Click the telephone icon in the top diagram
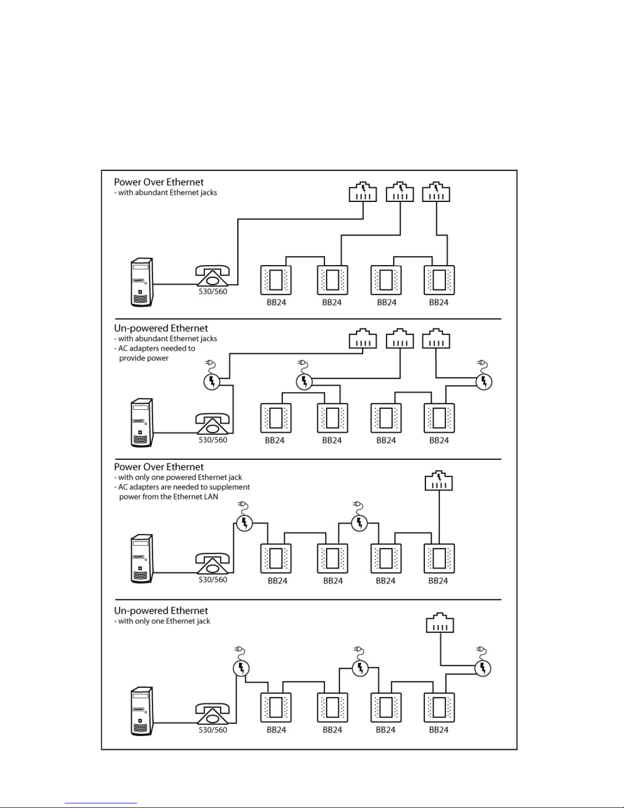[x=212, y=276]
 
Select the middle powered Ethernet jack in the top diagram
[x=400, y=192]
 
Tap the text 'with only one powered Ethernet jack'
[x=180, y=477]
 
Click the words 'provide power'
[x=144, y=358]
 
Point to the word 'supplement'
[x=230, y=487]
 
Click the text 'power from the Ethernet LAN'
[x=169, y=497]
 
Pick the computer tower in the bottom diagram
[x=142, y=711]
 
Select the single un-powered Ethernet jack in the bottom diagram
[x=440, y=623]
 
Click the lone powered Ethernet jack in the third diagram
[x=439, y=480]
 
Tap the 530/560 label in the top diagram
[x=212, y=292]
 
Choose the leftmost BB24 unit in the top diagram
[x=276, y=280]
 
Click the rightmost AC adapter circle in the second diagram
[x=484, y=381]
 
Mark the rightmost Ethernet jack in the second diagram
[x=436, y=338]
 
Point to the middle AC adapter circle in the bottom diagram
[x=360, y=668]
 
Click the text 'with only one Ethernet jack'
[x=164, y=621]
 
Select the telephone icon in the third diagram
[x=212, y=564]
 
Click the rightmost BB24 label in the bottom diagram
[x=439, y=730]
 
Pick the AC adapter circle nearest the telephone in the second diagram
[x=212, y=381]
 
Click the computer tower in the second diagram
[x=142, y=423]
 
